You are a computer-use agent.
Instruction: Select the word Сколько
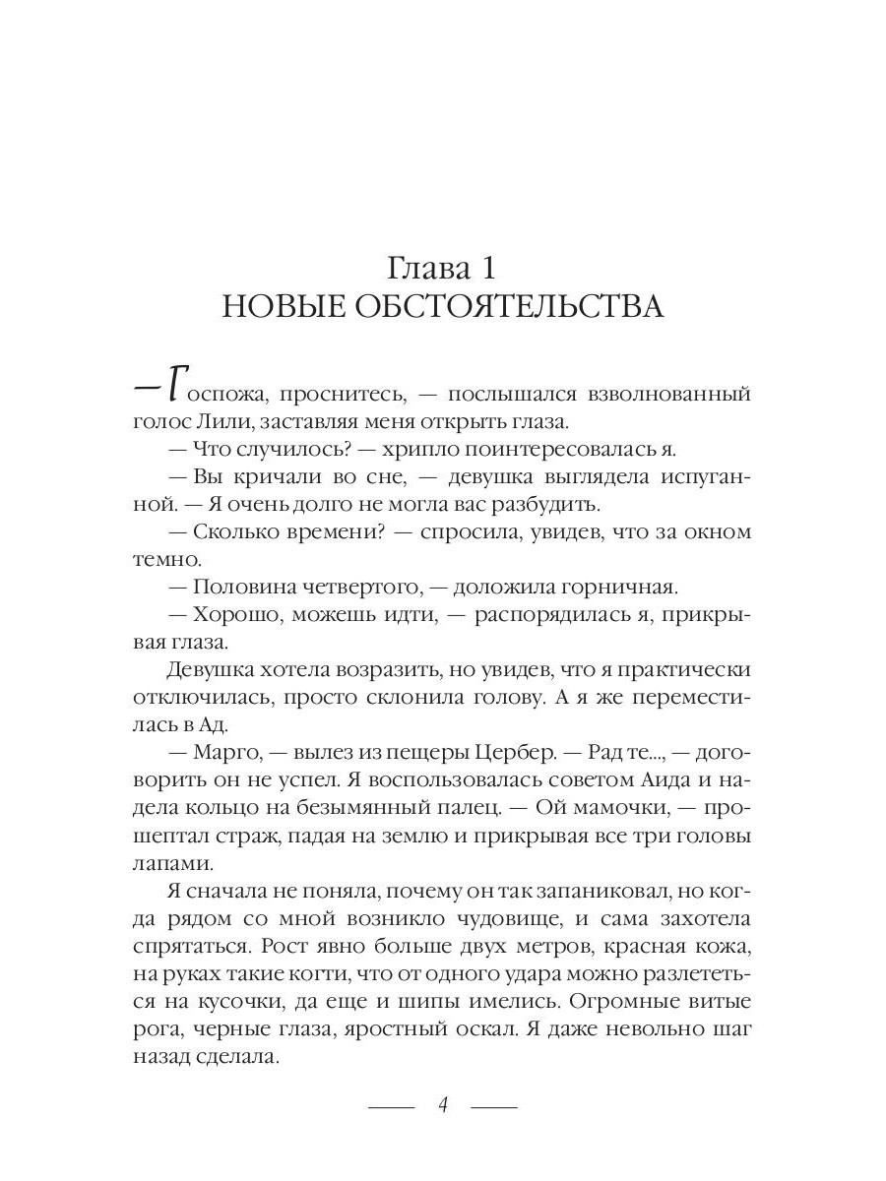click(241, 532)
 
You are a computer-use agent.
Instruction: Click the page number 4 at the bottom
click(443, 1104)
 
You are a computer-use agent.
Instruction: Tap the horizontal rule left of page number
click(392, 1106)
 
